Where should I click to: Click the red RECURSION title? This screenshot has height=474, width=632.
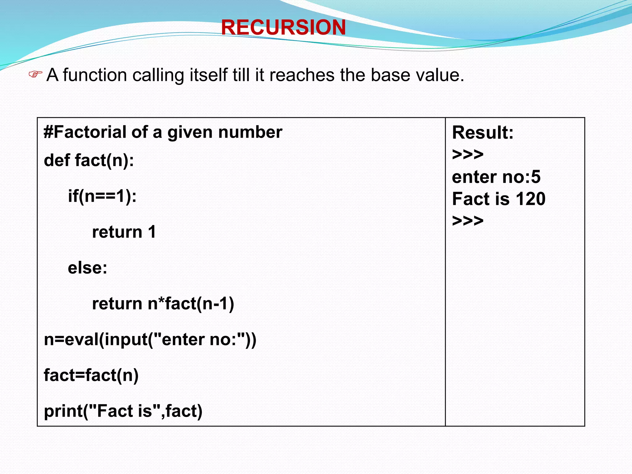283,27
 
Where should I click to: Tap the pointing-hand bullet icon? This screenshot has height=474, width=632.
35,74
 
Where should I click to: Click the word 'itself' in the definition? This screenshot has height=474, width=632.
208,75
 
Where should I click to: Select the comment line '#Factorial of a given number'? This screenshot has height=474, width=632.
163,132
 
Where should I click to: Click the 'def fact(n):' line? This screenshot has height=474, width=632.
89,160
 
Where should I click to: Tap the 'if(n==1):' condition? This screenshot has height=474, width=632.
102,196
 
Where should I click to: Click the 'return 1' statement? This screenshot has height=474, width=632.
124,232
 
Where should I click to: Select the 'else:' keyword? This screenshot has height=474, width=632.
88,268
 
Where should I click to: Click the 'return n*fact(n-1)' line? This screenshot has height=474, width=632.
163,304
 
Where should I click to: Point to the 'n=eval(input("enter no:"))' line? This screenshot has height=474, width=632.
150,339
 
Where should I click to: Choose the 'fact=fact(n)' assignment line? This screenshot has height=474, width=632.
91,375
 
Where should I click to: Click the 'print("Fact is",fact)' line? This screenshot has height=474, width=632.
123,411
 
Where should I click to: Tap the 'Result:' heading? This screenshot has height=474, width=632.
483,133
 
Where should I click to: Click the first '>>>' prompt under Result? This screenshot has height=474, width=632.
468,154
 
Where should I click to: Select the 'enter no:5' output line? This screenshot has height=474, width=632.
496,177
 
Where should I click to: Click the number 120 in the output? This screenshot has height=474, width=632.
530,199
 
